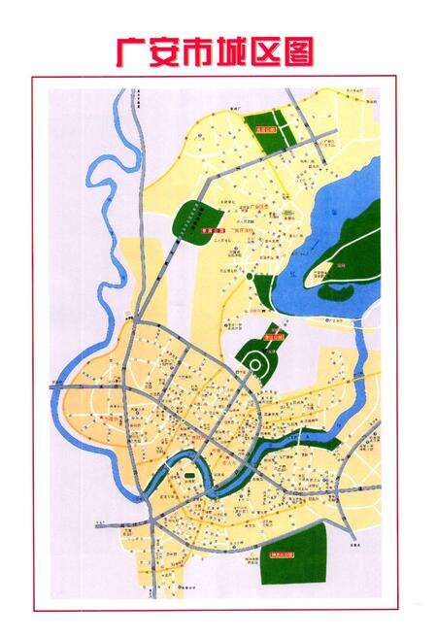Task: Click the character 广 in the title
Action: [x=131, y=50]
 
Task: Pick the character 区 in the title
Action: [x=269, y=50]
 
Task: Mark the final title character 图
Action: [x=301, y=50]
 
